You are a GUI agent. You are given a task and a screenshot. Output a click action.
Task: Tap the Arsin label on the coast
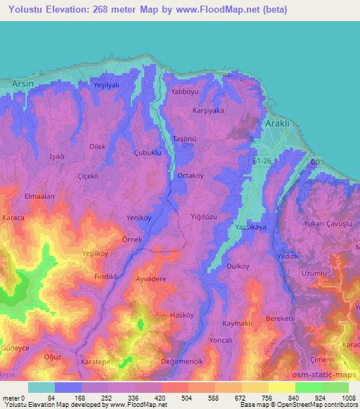click(x=23, y=84)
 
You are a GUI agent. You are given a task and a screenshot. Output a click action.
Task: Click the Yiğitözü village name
click(x=209, y=217)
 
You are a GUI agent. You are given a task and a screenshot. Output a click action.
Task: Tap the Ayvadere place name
click(x=151, y=279)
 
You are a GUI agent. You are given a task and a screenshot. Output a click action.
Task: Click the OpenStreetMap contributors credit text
click(x=312, y=405)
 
